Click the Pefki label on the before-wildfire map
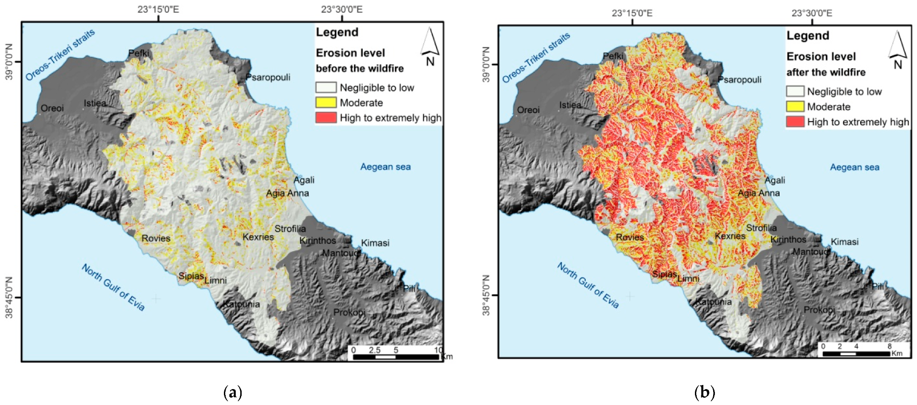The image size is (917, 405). point(138,53)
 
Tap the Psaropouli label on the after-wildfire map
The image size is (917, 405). point(740,80)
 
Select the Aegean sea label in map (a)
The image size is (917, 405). point(385,167)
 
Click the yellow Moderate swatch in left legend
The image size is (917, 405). point(326,103)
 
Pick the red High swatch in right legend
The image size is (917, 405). point(795,122)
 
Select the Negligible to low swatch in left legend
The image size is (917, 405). point(326,87)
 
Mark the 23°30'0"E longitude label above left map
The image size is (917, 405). point(342,10)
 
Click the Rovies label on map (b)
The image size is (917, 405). point(630,237)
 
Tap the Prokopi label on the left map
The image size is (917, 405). point(349,312)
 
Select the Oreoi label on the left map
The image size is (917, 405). point(52,108)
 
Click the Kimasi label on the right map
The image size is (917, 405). point(845,242)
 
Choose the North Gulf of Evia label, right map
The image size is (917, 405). point(588,285)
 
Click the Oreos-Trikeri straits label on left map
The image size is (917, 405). point(60,55)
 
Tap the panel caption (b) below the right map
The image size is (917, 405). point(705,392)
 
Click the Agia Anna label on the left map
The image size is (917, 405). point(287,193)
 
